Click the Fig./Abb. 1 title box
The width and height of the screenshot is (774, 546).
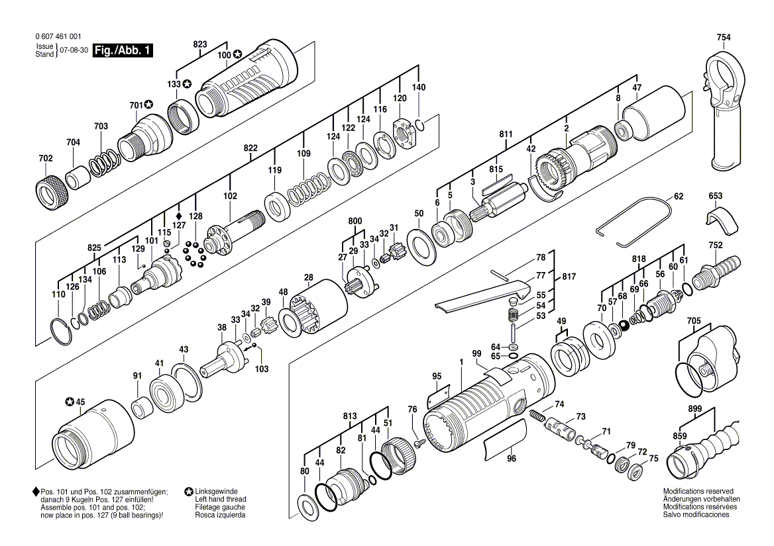123,51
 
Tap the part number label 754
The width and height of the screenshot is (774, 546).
724,38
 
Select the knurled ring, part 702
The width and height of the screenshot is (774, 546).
50,191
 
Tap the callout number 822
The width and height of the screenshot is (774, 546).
250,148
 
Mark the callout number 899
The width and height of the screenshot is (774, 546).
695,410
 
